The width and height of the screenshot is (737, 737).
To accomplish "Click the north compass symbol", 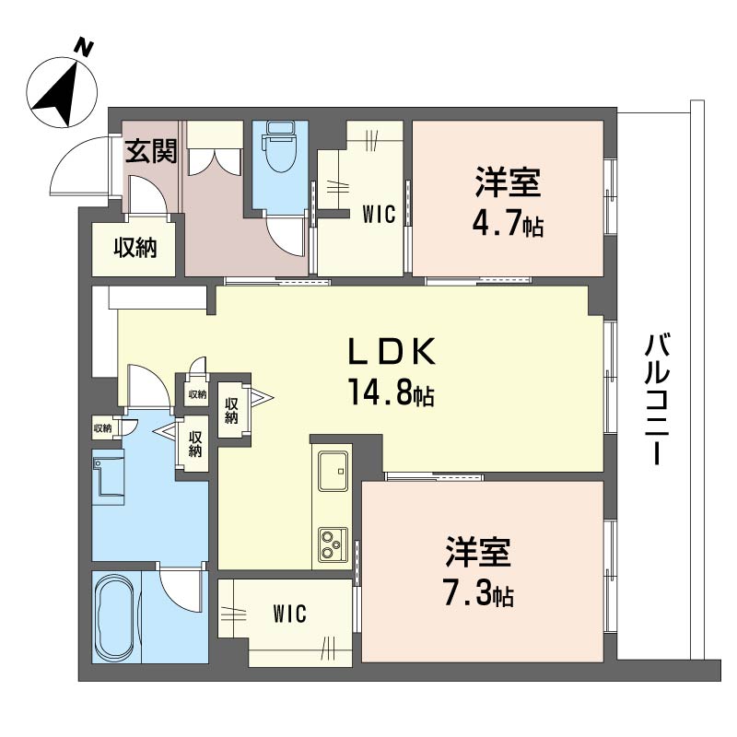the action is coord(62,92).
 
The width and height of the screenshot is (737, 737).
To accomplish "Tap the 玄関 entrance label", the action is coord(151,151).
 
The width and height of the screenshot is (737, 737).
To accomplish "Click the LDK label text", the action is coord(392,352).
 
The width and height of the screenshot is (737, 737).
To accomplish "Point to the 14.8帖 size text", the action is coord(391,392).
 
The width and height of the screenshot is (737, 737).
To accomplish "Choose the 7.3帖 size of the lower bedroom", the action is coord(478,592).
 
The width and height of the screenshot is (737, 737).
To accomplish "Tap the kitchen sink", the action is coord(333,471).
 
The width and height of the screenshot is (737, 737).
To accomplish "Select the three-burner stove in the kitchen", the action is coord(333,544).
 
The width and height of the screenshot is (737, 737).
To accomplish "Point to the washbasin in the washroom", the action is coord(109,476).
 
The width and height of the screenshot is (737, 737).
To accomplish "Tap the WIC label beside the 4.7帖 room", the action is coord(379,215).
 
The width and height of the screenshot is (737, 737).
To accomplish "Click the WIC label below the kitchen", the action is coord(289,614).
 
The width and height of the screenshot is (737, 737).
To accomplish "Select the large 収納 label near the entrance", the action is coord(135,247).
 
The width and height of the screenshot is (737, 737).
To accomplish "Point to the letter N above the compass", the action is coord(85,48).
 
